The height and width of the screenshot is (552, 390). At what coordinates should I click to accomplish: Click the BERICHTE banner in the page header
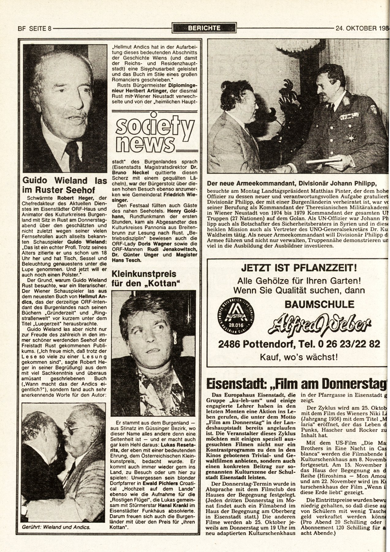(204, 28)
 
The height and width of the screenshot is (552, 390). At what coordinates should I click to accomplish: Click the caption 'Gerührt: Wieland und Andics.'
(56, 527)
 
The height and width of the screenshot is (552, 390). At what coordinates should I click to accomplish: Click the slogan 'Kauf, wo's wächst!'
(299, 357)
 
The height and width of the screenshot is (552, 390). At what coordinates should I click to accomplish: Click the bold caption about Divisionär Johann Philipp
(291, 183)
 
